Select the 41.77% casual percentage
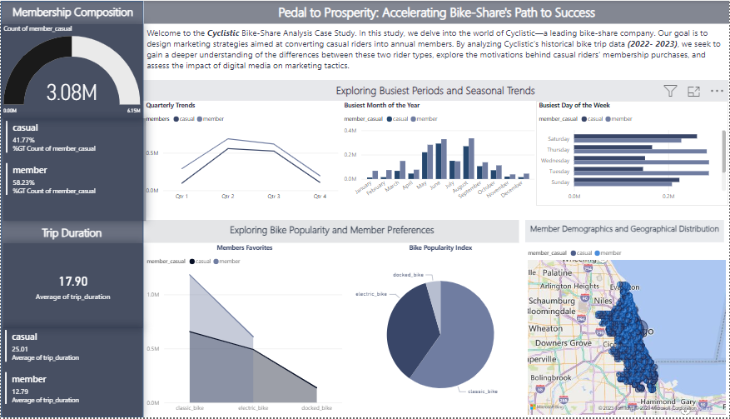coord(23,140)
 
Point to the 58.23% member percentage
coord(23,182)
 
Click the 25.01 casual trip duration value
coord(20,349)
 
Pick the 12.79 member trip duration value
coord(20,392)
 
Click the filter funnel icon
coord(670,91)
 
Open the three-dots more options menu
coord(717,91)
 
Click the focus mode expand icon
coord(693,91)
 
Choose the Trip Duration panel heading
coord(72,233)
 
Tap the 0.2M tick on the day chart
coord(668,197)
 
